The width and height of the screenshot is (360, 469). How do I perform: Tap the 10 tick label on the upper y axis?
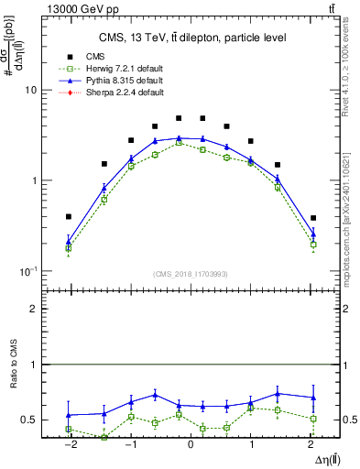tap(29, 91)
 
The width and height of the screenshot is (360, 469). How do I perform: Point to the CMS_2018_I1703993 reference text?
tap(191, 274)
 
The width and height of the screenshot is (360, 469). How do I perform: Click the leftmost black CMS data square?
tap(69, 217)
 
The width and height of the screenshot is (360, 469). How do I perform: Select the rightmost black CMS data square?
tap(313, 218)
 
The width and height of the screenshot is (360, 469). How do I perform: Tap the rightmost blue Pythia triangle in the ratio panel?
tap(313, 398)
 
